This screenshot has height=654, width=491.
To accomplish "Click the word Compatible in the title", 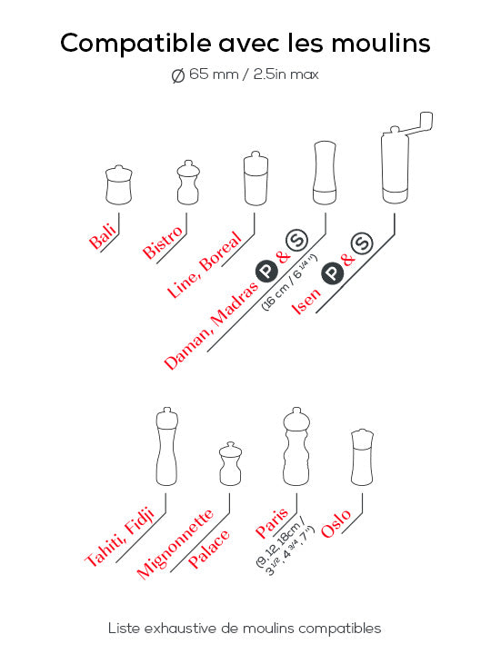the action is (135, 44).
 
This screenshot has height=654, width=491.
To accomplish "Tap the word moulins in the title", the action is (381, 43).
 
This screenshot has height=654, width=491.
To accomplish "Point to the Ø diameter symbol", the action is (178, 75).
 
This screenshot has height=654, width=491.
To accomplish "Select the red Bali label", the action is (102, 236).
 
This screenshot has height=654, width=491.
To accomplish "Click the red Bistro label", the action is (163, 243).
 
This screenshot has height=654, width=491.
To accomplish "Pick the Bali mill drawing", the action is (119, 184).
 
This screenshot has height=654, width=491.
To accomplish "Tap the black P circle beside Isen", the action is (333, 273).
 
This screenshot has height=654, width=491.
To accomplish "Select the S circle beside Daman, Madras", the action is (296, 240).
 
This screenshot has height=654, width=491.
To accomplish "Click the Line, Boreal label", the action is (205, 264).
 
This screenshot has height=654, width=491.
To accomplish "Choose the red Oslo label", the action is (336, 524).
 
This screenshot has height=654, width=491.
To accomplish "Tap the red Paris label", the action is (271, 522).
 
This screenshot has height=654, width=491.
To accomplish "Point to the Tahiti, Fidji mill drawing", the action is (167, 446).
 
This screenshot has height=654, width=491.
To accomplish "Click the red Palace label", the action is (209, 549).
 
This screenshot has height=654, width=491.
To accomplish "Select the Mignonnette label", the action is (175, 544).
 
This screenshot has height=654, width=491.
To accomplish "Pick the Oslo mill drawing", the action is (362, 457).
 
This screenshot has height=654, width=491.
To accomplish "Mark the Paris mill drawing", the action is (296, 446).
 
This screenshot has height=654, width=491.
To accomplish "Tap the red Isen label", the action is (306, 302).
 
